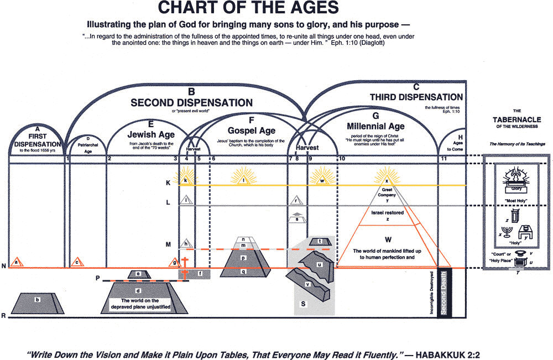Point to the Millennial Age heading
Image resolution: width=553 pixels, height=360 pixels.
point(375,125)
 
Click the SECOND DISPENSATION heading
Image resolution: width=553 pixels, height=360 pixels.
point(191,102)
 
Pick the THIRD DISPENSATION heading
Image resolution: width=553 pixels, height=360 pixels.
point(416,97)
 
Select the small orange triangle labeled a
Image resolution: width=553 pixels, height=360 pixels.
point(17,262)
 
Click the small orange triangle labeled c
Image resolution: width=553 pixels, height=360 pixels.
point(78,262)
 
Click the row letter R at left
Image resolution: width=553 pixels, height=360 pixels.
point(4,316)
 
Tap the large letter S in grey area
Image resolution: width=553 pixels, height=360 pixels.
point(303,304)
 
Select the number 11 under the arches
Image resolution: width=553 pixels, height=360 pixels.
point(444,159)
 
